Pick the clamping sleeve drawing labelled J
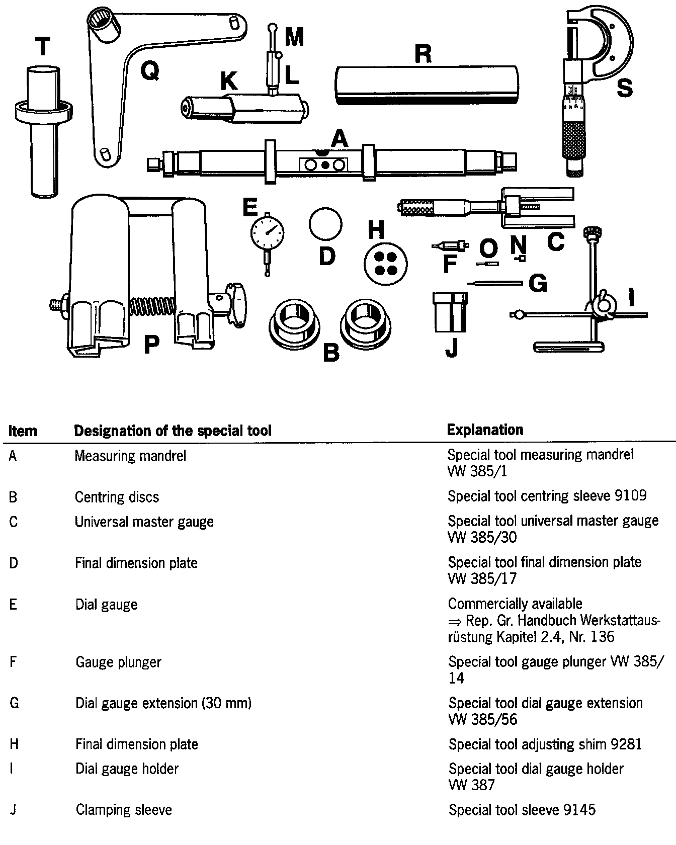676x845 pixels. pos(450,312)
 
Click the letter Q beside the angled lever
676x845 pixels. pos(149,71)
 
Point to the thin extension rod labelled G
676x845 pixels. pos(495,283)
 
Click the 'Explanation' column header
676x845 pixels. pos(485,430)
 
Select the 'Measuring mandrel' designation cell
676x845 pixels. pos(130,456)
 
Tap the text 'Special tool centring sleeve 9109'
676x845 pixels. pos(547,496)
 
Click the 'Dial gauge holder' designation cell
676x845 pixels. pos(127,769)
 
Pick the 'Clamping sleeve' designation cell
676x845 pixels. pos(124,810)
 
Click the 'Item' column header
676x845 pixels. pos(23,431)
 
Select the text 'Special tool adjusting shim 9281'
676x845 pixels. pos(545,744)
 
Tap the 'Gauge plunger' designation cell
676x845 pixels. pos(118,662)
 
